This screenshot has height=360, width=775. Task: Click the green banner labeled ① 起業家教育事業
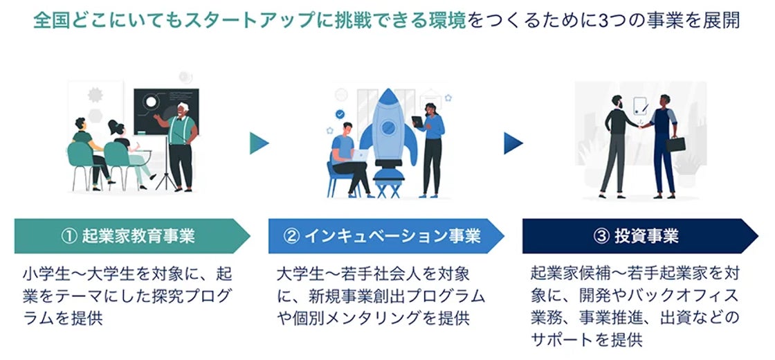[x=131, y=236]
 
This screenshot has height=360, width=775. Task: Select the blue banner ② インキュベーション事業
[x=384, y=236]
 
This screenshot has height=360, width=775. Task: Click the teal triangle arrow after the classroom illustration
[x=258, y=143]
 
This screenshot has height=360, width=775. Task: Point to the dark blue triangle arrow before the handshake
[x=513, y=143]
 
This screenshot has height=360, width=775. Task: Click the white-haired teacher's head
[x=183, y=108]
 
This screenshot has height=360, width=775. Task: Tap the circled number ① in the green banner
[x=68, y=236]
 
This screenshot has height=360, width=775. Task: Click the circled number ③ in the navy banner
[x=601, y=236]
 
